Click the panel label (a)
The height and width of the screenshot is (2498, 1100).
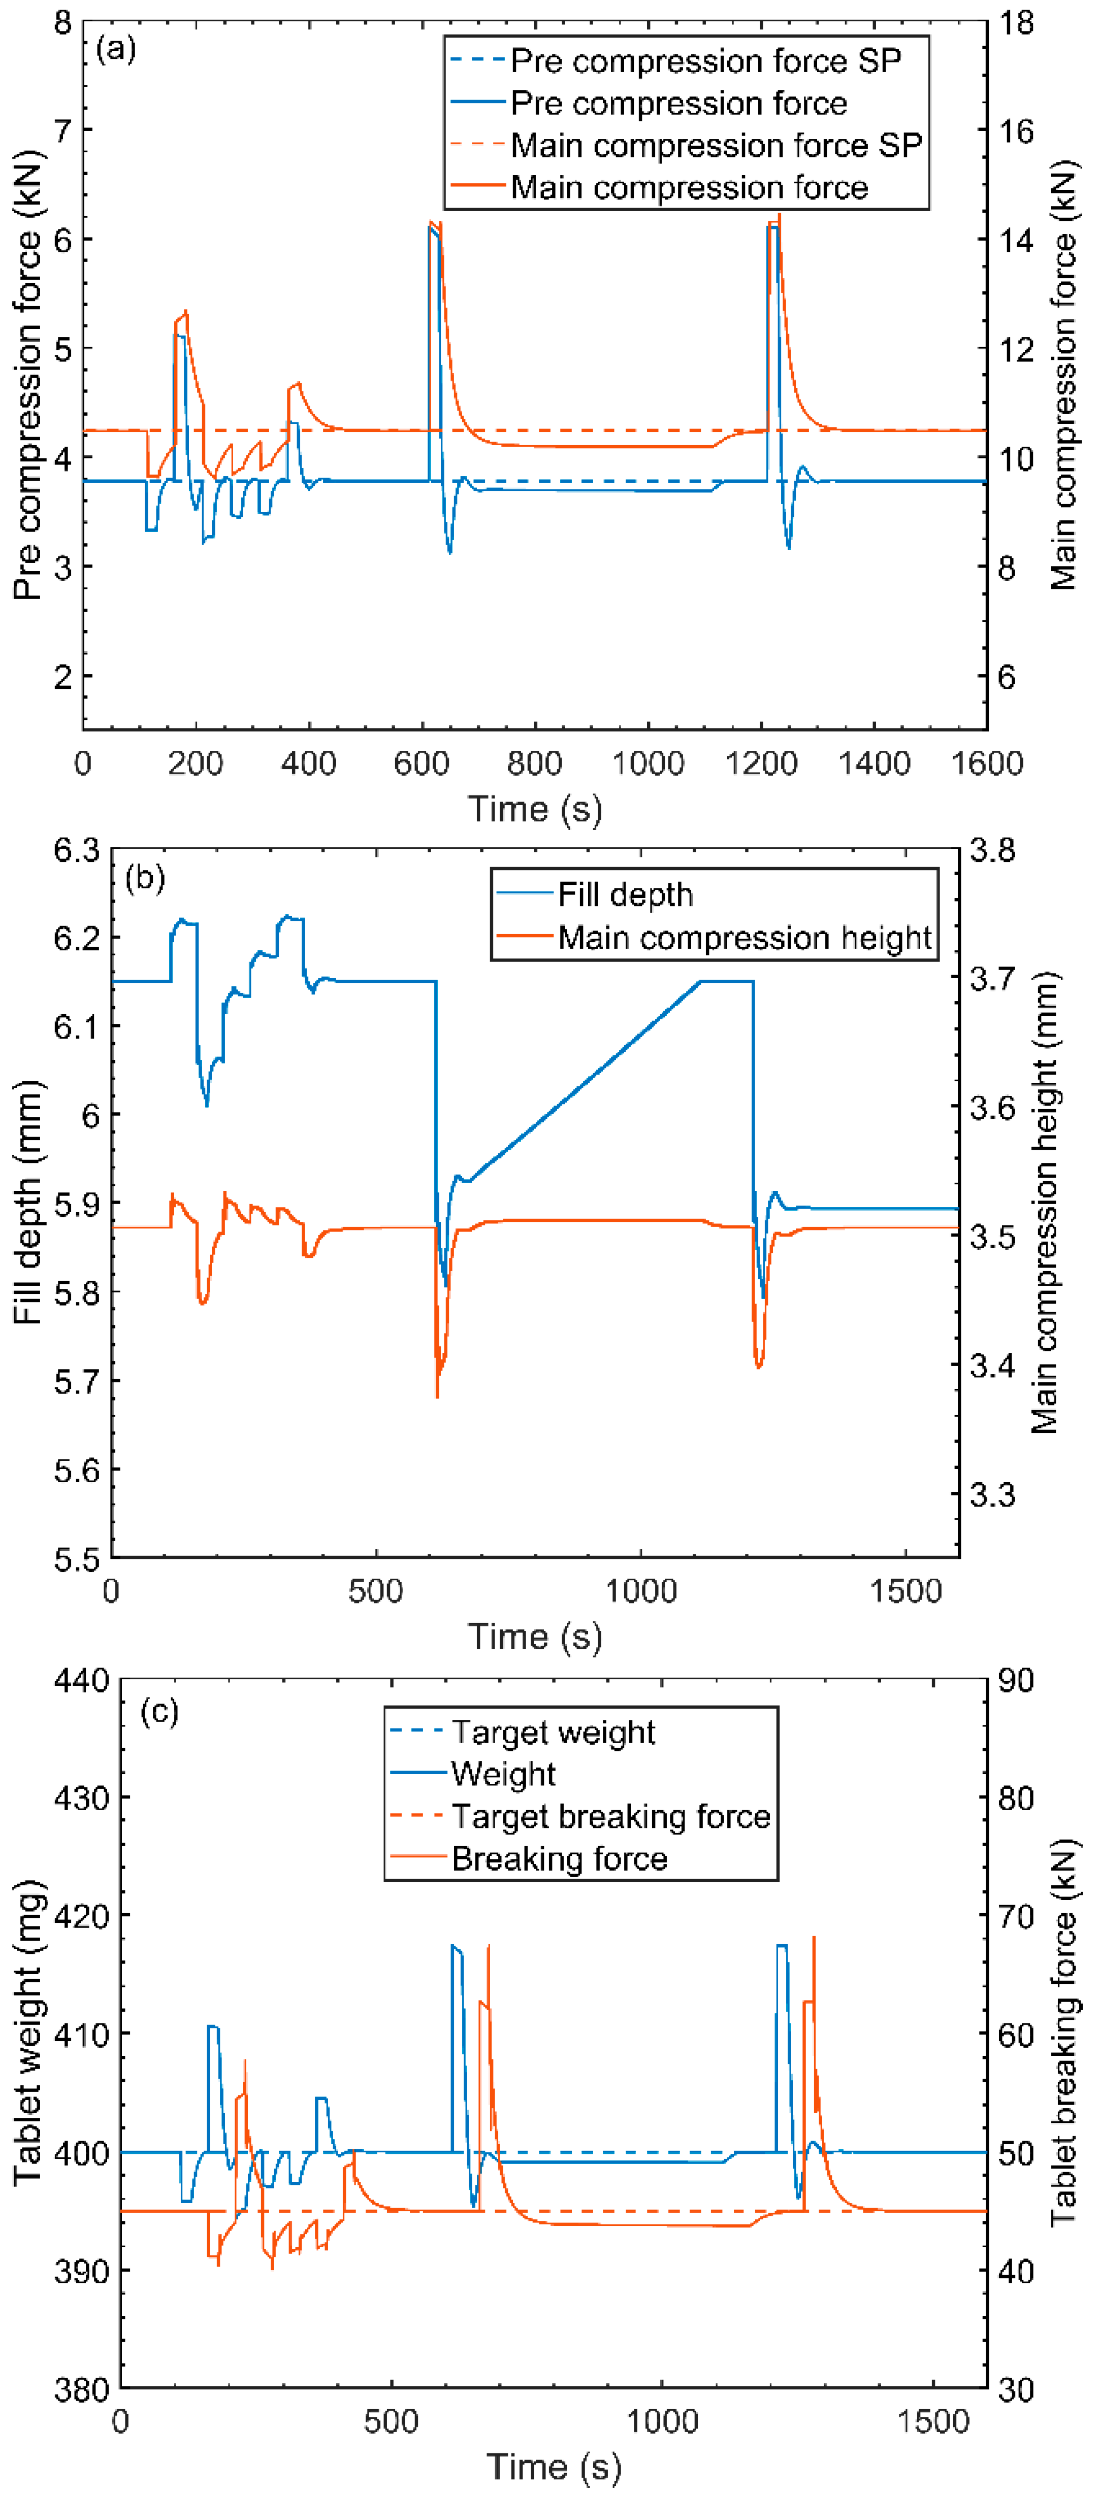pos(116,49)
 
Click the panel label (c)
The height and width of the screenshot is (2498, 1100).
pos(159,1712)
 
